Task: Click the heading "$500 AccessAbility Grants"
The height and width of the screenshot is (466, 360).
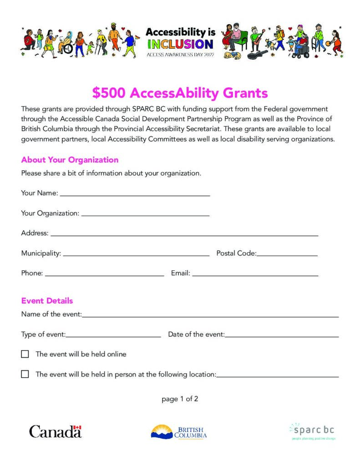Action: (x=180, y=93)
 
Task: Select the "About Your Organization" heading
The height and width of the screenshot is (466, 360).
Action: (x=70, y=160)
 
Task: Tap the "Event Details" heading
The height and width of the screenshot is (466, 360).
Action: (x=47, y=301)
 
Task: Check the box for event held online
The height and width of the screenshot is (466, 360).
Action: (x=25, y=354)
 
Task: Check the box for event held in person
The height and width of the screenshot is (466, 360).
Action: (x=25, y=374)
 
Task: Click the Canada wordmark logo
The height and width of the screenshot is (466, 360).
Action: (x=55, y=431)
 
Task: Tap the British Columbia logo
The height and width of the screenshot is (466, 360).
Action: (x=179, y=431)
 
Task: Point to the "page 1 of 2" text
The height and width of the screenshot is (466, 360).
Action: (x=180, y=399)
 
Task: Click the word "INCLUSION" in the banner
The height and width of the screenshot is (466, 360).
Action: (x=180, y=44)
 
